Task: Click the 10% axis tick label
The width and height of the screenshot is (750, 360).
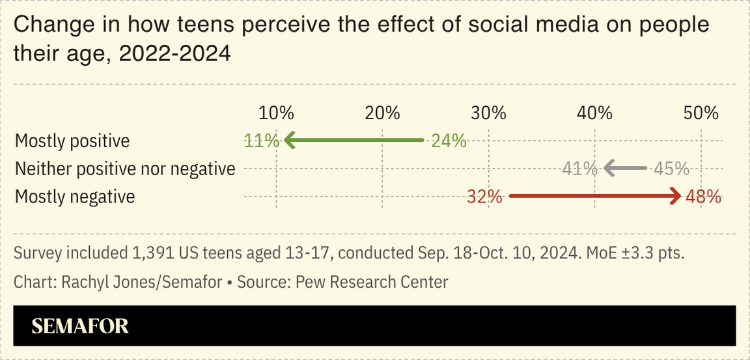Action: point(276,113)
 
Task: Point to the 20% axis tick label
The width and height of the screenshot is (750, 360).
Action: point(382,113)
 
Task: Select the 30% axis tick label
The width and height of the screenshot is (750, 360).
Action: point(488,113)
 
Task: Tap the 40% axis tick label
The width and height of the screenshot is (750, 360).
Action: point(594,113)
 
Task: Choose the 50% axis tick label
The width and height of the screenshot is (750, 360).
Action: point(701,113)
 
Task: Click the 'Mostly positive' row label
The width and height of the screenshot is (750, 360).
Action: point(72,141)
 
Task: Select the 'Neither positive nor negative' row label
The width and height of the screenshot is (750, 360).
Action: point(125,169)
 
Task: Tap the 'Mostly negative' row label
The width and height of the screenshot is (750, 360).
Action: point(75,197)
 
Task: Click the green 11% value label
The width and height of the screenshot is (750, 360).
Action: point(262,141)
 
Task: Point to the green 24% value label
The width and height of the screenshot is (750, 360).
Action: point(449,141)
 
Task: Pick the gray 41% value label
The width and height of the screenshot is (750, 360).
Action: point(579,169)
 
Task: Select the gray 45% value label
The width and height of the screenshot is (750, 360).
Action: point(671,169)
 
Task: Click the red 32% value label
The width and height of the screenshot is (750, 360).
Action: point(484,197)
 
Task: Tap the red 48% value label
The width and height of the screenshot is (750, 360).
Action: point(703,197)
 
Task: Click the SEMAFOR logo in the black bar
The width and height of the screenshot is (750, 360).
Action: point(80,326)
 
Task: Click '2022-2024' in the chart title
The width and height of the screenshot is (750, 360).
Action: point(174,54)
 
